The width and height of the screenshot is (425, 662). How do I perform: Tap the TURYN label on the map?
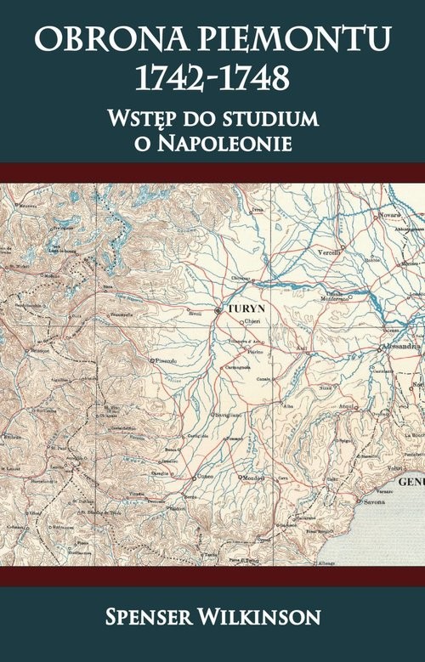(x=243, y=311)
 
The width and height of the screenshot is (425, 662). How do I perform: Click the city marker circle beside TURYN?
(x=218, y=311)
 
